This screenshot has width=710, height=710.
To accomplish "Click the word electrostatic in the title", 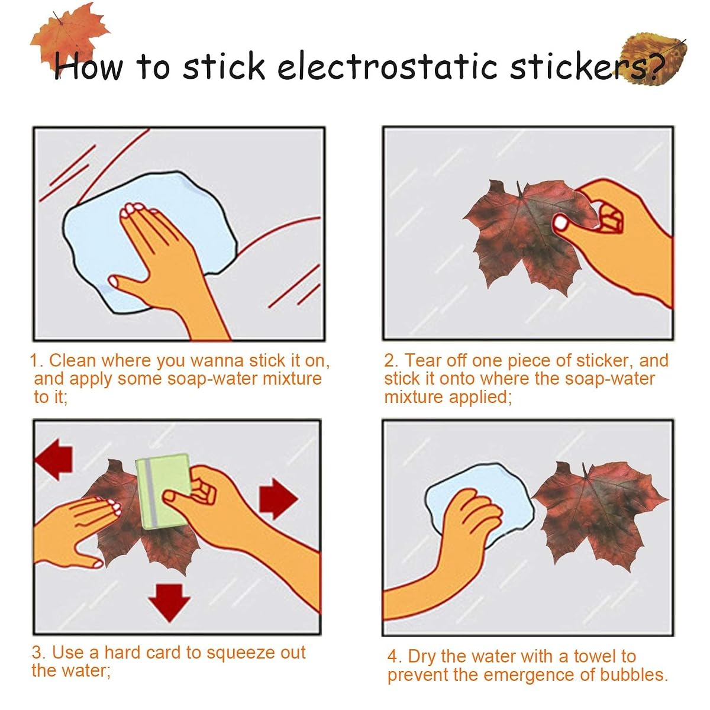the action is click(387, 66).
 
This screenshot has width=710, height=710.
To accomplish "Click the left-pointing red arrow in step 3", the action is click(53, 459).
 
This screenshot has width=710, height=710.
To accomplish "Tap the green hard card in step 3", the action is click(164, 492).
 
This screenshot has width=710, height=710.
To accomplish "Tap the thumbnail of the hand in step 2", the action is click(560, 223).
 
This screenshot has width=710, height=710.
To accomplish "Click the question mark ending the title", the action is click(656, 66).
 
